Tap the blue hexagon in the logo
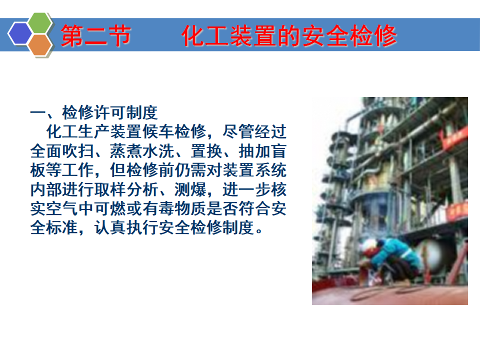click(x=20, y=33)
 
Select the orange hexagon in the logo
click(x=40, y=45)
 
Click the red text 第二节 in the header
click(x=96, y=36)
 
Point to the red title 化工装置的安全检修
click(x=289, y=36)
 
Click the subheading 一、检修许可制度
click(x=94, y=112)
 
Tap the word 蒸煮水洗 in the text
click(x=142, y=151)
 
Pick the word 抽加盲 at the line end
click(x=262, y=151)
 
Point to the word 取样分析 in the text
click(x=126, y=189)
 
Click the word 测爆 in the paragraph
click(x=190, y=189)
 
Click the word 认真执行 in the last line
click(x=126, y=228)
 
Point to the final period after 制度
click(x=259, y=231)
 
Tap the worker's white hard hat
click(x=369, y=245)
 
